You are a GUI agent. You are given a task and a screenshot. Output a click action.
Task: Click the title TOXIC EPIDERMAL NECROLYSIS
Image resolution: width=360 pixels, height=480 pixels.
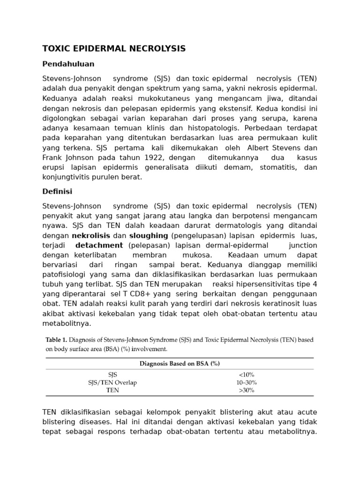point(114,49)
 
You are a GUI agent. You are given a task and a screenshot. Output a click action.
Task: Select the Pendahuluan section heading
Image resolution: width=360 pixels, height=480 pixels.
point(68,63)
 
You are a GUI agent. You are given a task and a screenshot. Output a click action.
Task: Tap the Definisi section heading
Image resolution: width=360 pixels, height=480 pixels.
point(57,191)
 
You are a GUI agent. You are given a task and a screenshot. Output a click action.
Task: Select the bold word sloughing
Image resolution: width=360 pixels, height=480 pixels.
point(149,235)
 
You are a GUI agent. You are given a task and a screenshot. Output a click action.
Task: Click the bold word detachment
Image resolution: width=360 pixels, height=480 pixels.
point(99,245)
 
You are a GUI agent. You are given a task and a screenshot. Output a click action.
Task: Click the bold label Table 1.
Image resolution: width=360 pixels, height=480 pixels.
point(56,340)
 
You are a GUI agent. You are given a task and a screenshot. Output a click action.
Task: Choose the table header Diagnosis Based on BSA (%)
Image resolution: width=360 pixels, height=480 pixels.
point(180,363)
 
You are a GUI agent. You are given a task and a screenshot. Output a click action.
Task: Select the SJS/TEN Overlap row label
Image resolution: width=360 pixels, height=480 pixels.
point(112,382)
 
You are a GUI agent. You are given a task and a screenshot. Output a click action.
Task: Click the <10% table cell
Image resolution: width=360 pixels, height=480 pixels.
point(246,375)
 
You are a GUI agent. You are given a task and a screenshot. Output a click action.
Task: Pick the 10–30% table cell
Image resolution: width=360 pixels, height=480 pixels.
point(246,382)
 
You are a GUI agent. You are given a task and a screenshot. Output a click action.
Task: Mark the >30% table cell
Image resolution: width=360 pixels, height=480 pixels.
point(246,390)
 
